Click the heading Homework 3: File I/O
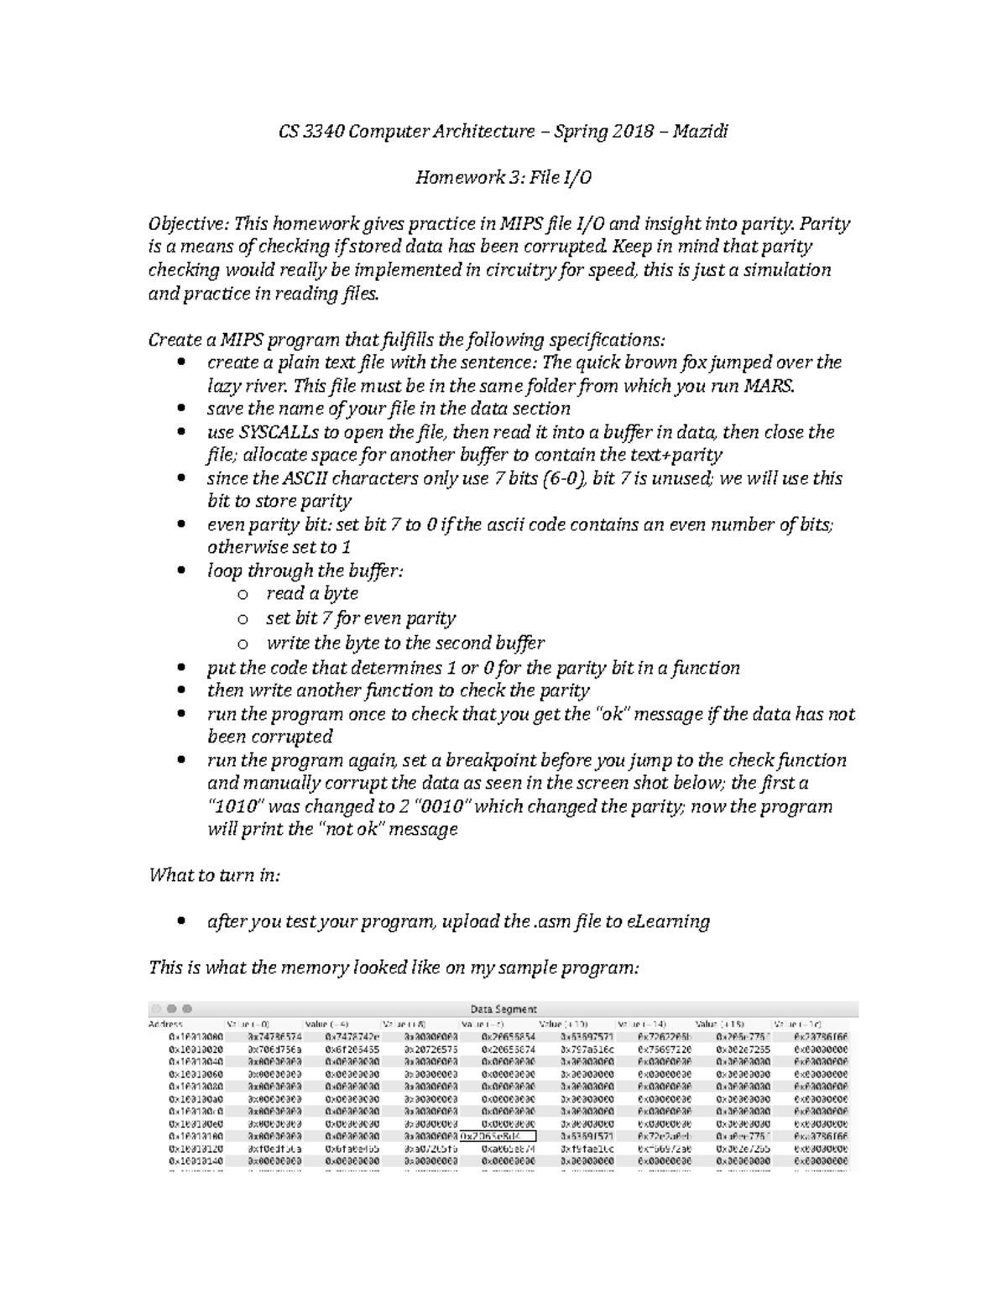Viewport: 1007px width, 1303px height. (503, 178)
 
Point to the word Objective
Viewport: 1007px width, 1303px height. (187, 224)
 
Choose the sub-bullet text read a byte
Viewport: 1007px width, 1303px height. (312, 593)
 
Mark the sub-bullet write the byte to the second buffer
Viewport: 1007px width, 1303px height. (405, 644)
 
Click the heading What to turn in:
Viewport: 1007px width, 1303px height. (214, 875)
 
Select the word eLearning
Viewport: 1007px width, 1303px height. (668, 921)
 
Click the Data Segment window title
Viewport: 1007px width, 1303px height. (503, 1009)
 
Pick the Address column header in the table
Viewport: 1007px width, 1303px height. (165, 1024)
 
